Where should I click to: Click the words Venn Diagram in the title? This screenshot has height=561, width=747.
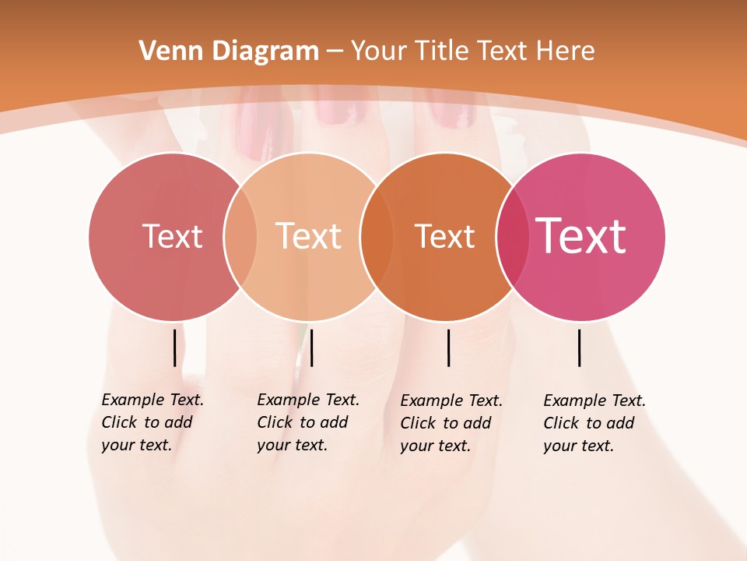tap(229, 51)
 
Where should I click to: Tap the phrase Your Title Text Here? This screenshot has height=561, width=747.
tap(472, 51)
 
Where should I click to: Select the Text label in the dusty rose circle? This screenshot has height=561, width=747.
tap(172, 236)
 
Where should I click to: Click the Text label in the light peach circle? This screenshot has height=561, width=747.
tap(308, 236)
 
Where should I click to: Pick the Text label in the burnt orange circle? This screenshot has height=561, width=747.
tap(444, 236)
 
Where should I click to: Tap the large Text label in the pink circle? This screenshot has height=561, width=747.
tap(581, 236)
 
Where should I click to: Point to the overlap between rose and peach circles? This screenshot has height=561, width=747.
tap(240, 237)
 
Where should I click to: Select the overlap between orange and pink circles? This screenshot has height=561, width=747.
tap(512, 237)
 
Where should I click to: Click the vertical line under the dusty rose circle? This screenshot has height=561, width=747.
tap(174, 348)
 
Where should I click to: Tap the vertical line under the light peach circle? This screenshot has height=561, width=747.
tap(311, 348)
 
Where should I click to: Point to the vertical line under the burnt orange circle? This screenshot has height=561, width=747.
tap(448, 348)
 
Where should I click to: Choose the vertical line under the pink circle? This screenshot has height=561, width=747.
tap(579, 348)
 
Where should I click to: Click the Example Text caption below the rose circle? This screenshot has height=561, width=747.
tap(153, 422)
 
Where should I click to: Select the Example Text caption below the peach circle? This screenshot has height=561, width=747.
tap(308, 422)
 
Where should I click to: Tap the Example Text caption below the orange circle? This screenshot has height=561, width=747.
tap(451, 423)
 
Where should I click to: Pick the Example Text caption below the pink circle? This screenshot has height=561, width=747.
tap(594, 423)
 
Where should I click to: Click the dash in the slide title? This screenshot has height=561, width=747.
tap(334, 52)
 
